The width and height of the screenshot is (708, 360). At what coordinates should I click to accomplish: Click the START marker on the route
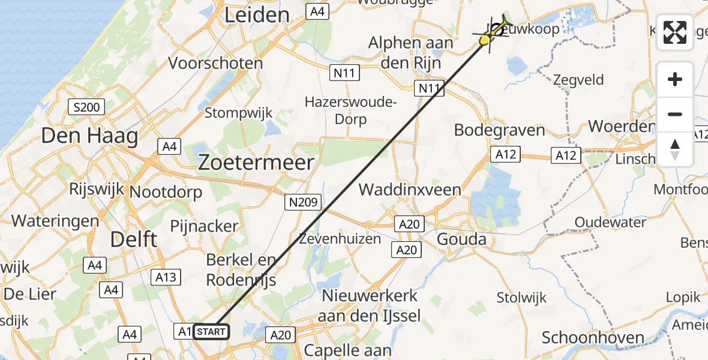pos(211,331)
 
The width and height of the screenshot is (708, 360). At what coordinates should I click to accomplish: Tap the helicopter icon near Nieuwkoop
pos(495,29)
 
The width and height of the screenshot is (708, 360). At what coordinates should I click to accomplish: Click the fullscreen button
pos(675,32)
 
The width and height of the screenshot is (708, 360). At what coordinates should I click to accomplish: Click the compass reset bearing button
pos(675,149)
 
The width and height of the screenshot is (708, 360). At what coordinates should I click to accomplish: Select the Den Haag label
pos(89,136)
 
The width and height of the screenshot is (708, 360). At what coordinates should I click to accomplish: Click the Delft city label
pos(134,239)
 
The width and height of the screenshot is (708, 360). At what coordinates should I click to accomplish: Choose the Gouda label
pos(462,239)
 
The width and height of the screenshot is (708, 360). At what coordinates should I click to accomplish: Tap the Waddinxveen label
pos(410,190)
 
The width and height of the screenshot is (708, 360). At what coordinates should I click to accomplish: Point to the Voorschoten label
pos(215,63)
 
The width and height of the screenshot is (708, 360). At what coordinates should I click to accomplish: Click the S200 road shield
pos(87,107)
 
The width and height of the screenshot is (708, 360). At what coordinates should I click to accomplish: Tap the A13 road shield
pos(166,277)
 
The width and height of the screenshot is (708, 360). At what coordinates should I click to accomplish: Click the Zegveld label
pos(578,79)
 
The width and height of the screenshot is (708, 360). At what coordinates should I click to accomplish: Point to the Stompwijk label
pos(238,112)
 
